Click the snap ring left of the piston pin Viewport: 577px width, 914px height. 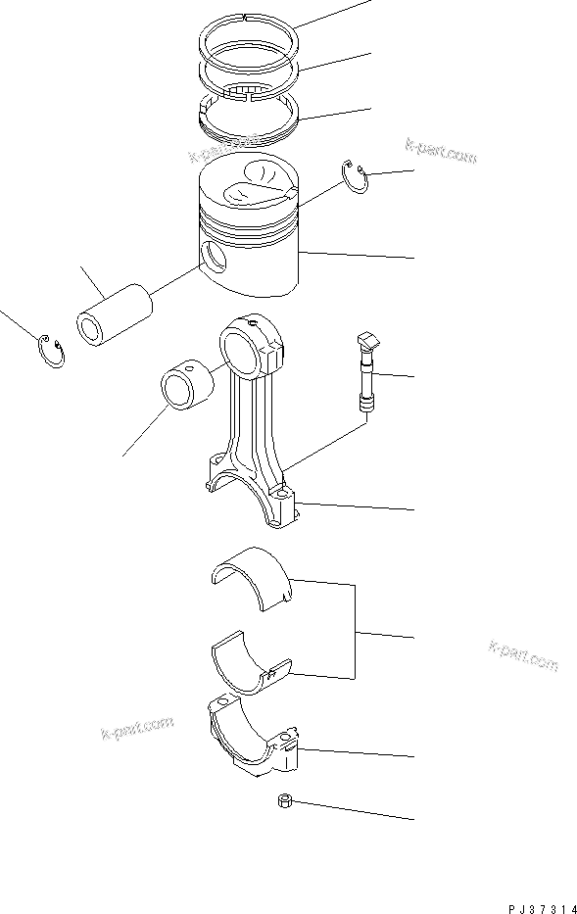(x=51, y=351)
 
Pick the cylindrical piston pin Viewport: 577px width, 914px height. (x=115, y=313)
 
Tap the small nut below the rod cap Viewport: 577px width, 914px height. (x=283, y=803)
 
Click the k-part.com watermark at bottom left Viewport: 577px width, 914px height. (x=136, y=728)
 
